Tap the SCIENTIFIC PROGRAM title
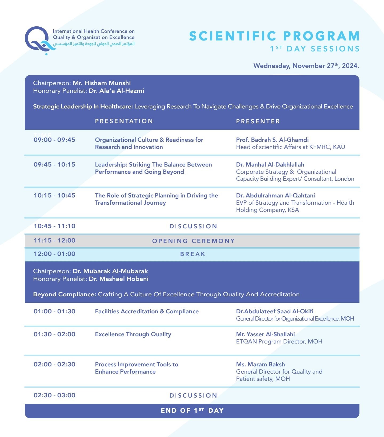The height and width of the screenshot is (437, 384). (274, 36)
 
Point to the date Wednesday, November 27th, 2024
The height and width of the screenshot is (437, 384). (306, 66)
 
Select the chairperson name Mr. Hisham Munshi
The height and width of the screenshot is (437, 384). (102, 83)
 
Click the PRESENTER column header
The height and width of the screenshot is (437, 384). (258, 122)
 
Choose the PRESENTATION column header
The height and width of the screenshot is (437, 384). (124, 121)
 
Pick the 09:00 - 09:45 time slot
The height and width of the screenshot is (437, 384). (54, 140)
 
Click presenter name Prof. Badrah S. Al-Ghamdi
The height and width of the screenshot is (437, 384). (272, 140)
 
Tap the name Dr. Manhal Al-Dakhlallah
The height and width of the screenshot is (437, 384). (270, 165)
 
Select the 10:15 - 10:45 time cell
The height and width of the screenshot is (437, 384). (54, 196)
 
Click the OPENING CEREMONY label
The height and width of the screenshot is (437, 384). (193, 241)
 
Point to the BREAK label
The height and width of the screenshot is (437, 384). (193, 254)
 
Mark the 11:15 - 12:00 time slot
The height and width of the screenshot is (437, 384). (54, 241)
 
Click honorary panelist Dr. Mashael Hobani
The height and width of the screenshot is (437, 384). (118, 279)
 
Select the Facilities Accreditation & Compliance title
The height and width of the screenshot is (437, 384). (147, 311)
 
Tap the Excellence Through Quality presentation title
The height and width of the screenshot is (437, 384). (133, 334)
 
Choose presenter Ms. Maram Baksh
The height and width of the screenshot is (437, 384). (260, 365)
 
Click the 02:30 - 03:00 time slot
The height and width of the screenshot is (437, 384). (54, 395)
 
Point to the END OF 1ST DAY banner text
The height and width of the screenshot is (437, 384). (192, 411)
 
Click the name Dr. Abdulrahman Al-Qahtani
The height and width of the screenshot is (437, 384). (275, 196)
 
